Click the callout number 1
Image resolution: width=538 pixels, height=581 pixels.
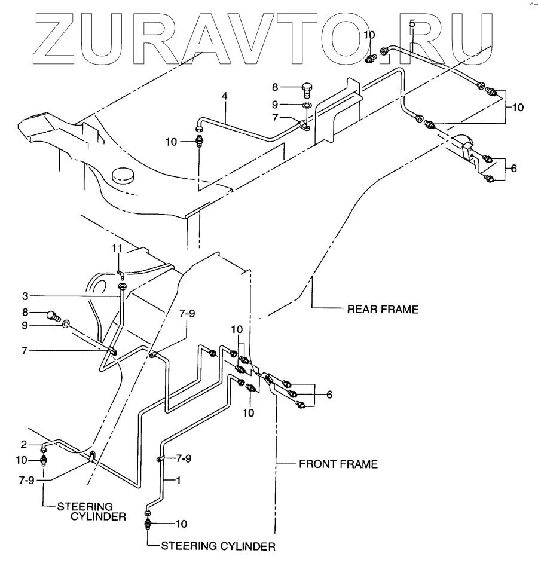click(178, 480)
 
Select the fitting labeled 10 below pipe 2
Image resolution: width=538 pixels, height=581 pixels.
click(44, 461)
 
